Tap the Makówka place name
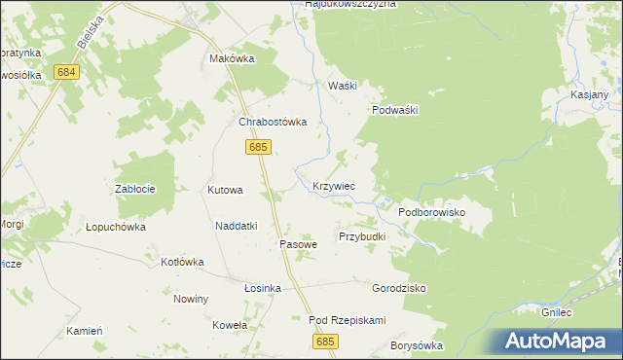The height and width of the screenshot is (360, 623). pos(232,58)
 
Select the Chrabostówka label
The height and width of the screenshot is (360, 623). pos(274,122)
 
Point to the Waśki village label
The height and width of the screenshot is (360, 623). pos(343,86)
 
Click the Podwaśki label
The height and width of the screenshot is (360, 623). pos(394,110)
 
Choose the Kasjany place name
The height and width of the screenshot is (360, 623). pos(589,94)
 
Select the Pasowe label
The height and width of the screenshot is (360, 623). pos(299,244)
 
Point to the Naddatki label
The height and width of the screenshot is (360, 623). pos(236,226)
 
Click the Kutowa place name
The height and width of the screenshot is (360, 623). pos(225,190)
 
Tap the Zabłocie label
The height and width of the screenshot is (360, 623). pos(136,190)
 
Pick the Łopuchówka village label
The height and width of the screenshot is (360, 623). pos(115,227)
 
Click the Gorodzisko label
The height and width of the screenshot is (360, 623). pos(399,288)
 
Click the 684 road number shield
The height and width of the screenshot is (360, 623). pos(66,73)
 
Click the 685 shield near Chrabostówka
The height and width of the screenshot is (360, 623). pos(257,147)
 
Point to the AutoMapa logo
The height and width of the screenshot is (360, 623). pos(558,341)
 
